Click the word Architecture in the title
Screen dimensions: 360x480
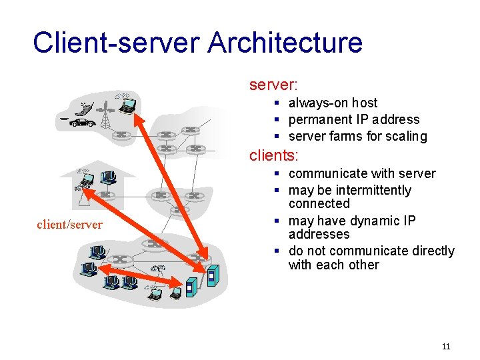[x=285, y=43]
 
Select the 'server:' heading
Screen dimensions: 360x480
[x=273, y=85]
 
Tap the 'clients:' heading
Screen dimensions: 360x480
[x=274, y=155]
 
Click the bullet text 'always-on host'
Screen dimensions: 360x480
[x=333, y=103]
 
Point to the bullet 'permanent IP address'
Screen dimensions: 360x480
[x=354, y=119]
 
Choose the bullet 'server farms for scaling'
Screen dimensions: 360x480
[x=357, y=136]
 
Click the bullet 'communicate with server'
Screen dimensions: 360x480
[x=362, y=173]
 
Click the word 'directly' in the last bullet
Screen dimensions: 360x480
[x=423, y=251]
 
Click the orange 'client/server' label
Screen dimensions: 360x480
[x=69, y=225]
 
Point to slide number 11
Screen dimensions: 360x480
[x=446, y=346]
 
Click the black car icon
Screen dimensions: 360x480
[x=83, y=123]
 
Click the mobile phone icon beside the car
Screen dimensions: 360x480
[x=84, y=109]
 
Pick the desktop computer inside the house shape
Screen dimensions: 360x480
[x=107, y=178]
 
